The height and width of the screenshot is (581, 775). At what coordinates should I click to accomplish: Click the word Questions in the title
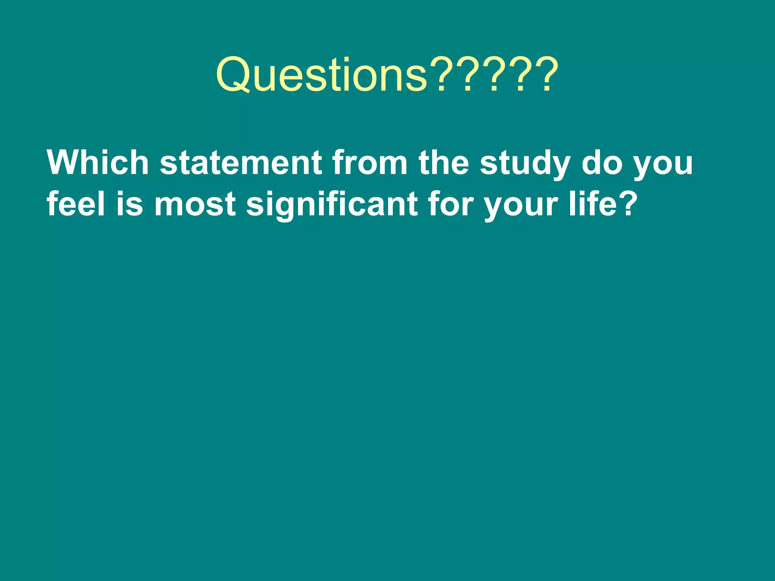click(322, 75)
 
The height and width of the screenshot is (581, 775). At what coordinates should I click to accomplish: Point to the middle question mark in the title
click(494, 75)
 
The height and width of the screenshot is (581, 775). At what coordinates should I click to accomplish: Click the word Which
click(98, 163)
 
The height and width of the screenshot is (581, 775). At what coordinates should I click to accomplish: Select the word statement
click(241, 163)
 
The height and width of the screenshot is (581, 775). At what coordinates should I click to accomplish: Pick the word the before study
click(444, 163)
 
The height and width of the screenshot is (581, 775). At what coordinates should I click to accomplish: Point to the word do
click(602, 163)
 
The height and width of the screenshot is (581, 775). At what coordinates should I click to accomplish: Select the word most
click(195, 204)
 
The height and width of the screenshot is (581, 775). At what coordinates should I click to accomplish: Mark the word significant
click(332, 204)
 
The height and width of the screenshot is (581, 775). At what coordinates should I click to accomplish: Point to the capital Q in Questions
click(232, 75)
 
